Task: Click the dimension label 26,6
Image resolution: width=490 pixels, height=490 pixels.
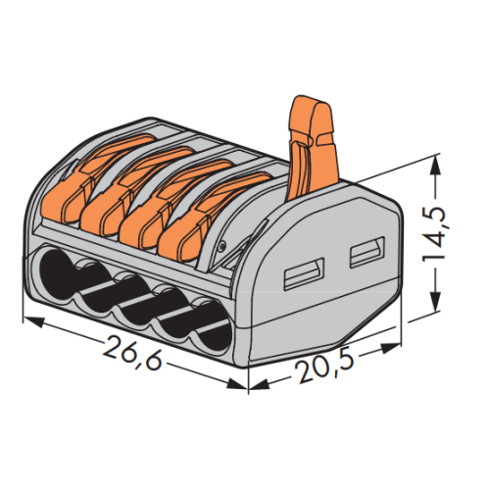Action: [x=132, y=352]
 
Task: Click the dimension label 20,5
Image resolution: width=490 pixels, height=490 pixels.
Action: [x=324, y=367]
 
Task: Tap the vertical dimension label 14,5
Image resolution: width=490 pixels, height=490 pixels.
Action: [x=434, y=233]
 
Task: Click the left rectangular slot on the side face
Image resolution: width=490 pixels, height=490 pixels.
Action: [x=304, y=274]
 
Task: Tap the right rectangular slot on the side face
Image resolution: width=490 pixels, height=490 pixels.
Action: [x=367, y=252]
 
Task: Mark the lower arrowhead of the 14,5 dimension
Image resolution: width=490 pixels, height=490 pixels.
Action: [x=434, y=302]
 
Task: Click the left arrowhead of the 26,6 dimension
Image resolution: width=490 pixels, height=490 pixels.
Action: [x=32, y=321]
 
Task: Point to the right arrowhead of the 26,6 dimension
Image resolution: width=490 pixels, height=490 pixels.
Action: [x=237, y=384]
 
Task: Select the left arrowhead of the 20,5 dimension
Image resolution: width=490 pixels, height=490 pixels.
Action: [x=259, y=384]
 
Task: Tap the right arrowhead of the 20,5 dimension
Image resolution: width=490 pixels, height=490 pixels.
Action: [x=390, y=348]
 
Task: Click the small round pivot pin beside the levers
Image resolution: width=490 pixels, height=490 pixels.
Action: [x=221, y=246]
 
